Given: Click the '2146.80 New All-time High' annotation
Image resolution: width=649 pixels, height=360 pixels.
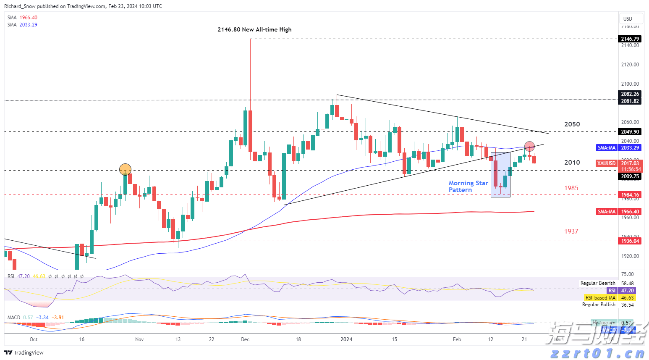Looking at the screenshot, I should [254, 29].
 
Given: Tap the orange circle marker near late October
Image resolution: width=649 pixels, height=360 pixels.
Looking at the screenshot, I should [125, 169].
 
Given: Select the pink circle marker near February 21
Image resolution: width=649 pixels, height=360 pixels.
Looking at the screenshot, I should [529, 146].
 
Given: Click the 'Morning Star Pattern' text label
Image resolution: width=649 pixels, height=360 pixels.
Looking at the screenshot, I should [468, 186].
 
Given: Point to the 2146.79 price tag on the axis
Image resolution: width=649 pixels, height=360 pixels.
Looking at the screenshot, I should [630, 39].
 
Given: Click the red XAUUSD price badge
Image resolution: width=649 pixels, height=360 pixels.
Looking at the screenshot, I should [606, 163].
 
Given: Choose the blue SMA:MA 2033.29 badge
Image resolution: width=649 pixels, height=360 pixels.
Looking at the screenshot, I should [606, 148].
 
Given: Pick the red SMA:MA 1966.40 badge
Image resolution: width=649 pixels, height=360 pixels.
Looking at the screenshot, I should [606, 212].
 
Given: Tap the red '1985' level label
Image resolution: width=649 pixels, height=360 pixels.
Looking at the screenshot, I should [571, 188].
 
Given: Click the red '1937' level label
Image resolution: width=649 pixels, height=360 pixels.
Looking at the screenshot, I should [571, 231].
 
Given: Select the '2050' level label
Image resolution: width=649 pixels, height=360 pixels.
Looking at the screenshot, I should [572, 124].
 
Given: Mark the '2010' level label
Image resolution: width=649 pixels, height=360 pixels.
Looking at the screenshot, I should [572, 163].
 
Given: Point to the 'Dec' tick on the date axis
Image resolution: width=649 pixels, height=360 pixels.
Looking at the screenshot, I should [246, 339].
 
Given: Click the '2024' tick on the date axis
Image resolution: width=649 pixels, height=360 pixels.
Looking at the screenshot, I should [346, 339].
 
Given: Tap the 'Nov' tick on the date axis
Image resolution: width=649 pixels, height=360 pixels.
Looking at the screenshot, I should [139, 339].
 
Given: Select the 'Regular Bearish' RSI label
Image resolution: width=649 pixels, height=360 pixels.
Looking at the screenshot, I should [598, 283].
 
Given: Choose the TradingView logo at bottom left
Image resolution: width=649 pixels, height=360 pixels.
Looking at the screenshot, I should [24, 352].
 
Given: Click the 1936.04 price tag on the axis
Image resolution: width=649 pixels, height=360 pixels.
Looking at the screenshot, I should [630, 241].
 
